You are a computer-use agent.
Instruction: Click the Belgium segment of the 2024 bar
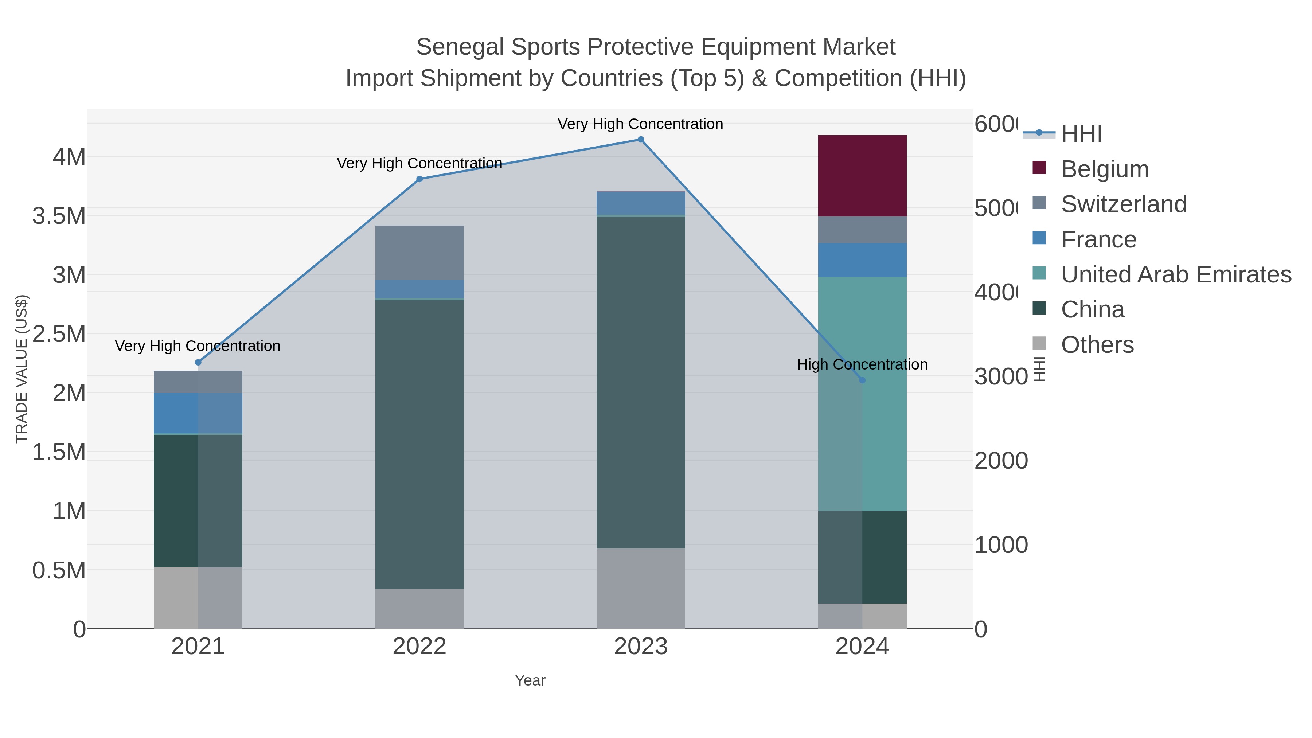tap(862, 176)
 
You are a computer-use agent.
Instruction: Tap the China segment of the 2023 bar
tap(640, 382)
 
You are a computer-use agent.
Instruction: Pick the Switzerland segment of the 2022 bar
tap(419, 252)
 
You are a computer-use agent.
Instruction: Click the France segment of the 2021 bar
tap(198, 413)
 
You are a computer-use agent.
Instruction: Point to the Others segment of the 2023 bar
tap(640, 588)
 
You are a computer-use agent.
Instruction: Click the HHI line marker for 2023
tap(641, 140)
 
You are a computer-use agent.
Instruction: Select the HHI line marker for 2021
tap(198, 362)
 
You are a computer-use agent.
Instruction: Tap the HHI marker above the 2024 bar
tap(862, 380)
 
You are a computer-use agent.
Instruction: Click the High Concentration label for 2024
tap(862, 365)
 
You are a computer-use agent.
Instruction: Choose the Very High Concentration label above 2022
tap(419, 164)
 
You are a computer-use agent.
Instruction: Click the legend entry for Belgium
tap(1104, 169)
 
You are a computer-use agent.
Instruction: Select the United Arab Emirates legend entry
tap(1175, 274)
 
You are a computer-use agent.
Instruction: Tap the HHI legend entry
tap(1081, 134)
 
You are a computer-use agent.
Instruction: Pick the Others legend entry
tap(1097, 345)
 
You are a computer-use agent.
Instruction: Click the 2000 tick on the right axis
tap(1000, 461)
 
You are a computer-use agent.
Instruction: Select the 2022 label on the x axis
tap(419, 647)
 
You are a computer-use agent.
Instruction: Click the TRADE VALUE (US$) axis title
tap(22, 369)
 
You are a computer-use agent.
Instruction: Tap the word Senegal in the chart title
tap(460, 47)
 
